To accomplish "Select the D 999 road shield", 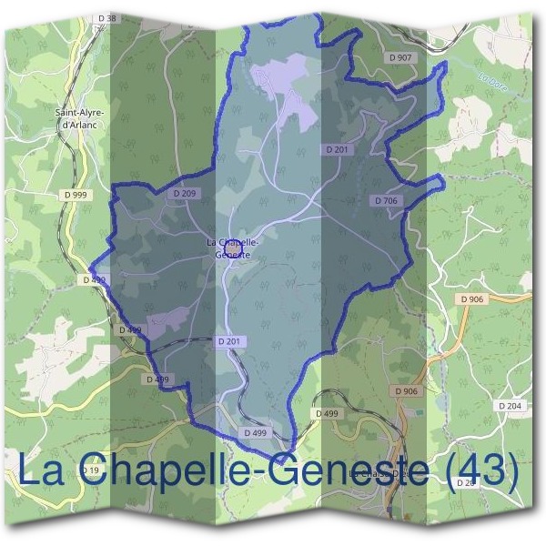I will [76, 195].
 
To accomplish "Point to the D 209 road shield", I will [184, 194].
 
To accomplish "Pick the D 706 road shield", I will [386, 200].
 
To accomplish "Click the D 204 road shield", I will [510, 405].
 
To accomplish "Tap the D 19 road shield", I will [88, 470].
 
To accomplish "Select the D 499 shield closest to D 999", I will [94, 280].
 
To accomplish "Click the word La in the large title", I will [42, 471].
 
